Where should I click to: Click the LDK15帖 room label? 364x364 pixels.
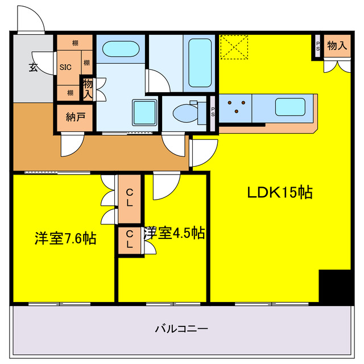(280, 192)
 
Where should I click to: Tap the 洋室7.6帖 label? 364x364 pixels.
(65, 238)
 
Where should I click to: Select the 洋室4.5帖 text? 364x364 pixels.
(174, 233)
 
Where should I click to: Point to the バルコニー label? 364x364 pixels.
(181, 329)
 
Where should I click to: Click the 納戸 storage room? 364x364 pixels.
(75, 118)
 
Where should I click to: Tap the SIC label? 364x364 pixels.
(65, 67)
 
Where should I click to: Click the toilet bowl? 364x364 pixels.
(185, 113)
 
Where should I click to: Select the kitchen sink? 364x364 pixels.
(290, 107)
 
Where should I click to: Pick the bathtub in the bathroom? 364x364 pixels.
(200, 63)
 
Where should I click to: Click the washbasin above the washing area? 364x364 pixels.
(121, 49)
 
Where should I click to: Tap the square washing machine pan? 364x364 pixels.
(144, 112)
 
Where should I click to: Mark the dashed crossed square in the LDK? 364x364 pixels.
(234, 47)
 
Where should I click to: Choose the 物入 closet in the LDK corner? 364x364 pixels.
(337, 45)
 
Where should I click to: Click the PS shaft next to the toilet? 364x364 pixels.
(213, 113)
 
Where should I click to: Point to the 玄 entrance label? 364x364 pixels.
(33, 67)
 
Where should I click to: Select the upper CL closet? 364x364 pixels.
(130, 198)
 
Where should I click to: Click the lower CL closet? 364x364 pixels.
(130, 240)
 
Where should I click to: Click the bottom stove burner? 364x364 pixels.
(237, 111)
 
